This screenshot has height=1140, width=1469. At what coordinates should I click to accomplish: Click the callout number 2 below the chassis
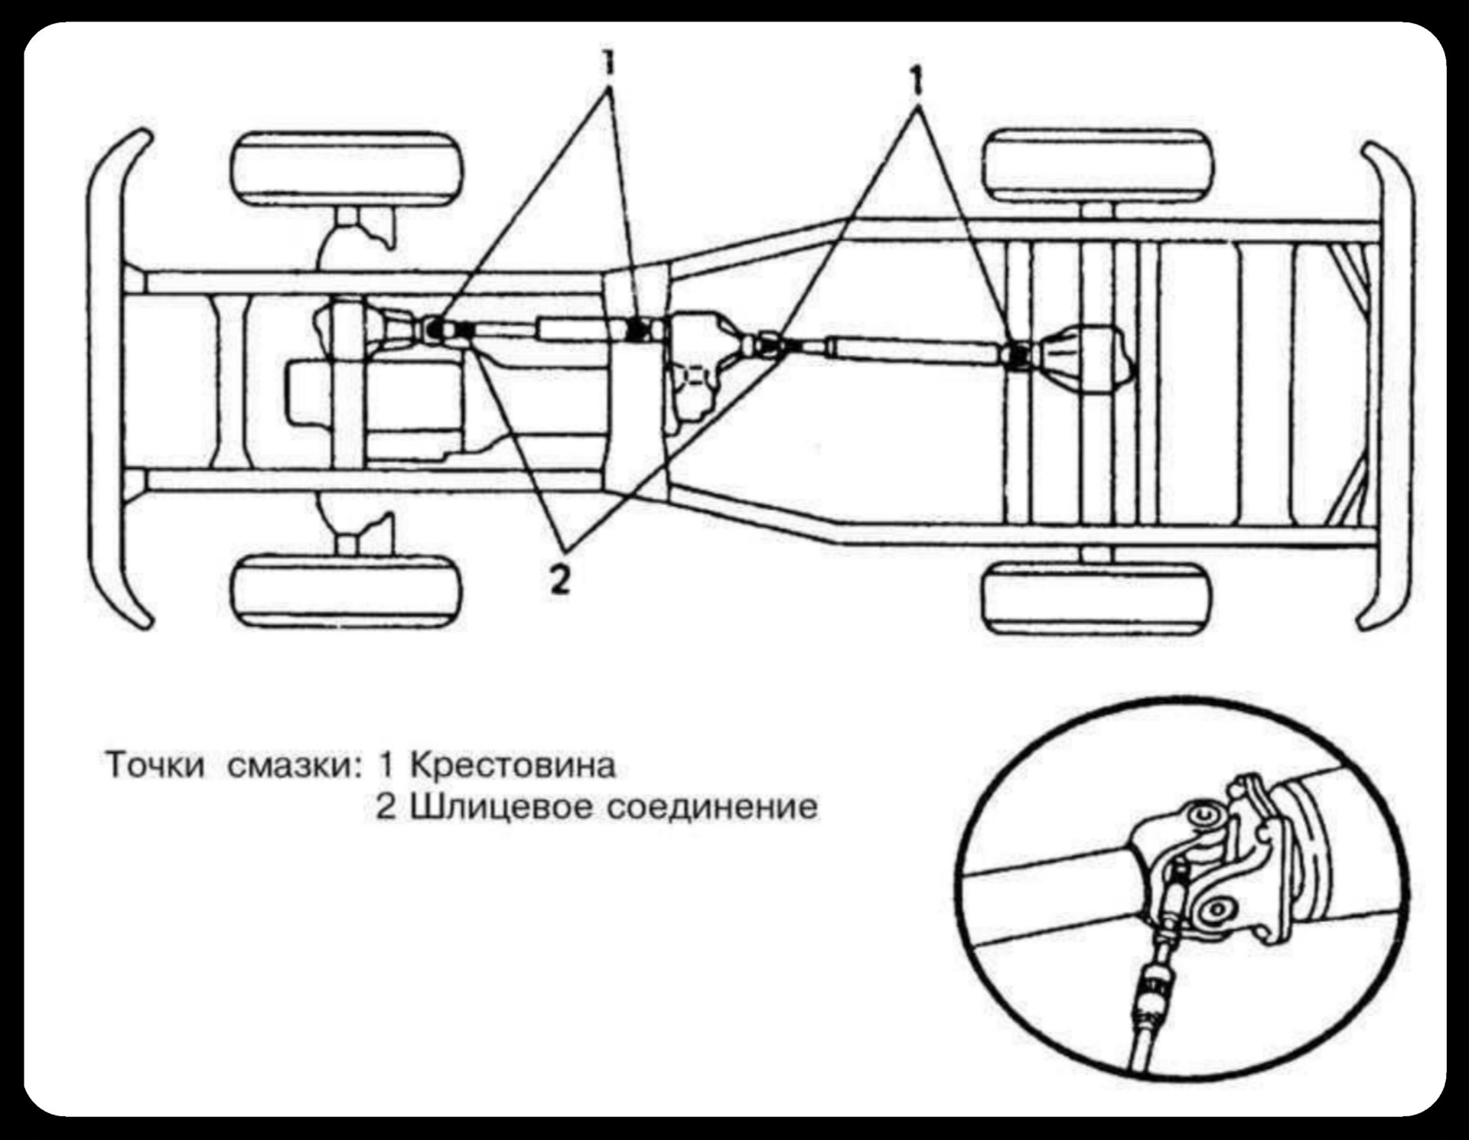pyautogui.click(x=560, y=580)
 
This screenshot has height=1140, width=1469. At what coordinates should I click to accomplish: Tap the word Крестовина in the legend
pyautogui.click(x=513, y=765)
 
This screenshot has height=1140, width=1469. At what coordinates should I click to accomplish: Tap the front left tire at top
pyautogui.click(x=347, y=169)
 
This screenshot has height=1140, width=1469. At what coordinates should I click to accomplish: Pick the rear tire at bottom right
pyautogui.click(x=1098, y=597)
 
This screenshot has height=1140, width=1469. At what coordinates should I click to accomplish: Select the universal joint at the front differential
pyautogui.click(x=434, y=329)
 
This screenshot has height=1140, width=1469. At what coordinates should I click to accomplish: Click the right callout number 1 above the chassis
pyautogui.click(x=916, y=80)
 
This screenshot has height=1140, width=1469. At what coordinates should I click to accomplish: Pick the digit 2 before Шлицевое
pyautogui.click(x=386, y=807)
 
